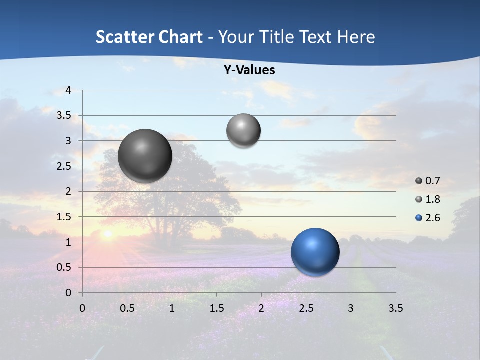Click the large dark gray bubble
(x=145, y=155)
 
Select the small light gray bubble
(x=243, y=130)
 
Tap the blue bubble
(x=315, y=251)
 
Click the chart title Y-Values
(x=249, y=70)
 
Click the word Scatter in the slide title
(x=124, y=37)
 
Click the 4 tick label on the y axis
(x=68, y=90)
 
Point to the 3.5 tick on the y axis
(x=65, y=116)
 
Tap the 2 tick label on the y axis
(x=68, y=191)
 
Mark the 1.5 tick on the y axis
(x=65, y=217)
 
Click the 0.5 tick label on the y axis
(x=65, y=267)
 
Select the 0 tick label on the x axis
(x=82, y=308)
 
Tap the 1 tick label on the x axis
(x=172, y=308)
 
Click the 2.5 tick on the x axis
(x=306, y=308)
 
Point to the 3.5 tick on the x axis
(x=395, y=308)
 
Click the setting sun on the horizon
(x=107, y=233)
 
